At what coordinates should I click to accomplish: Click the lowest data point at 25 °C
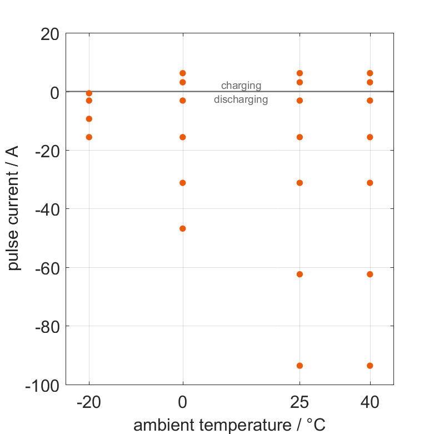click(x=300, y=366)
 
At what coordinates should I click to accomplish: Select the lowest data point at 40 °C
click(x=370, y=366)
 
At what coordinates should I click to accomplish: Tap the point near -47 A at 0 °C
click(x=183, y=228)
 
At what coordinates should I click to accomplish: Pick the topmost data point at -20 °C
click(x=89, y=93)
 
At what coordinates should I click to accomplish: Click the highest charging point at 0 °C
click(x=183, y=73)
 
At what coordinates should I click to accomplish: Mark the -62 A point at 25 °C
click(x=300, y=274)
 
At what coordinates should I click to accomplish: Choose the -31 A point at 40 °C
click(x=370, y=183)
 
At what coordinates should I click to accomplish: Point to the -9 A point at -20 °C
click(x=89, y=119)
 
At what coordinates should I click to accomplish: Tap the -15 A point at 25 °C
click(x=300, y=137)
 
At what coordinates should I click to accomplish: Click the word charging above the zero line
click(x=241, y=86)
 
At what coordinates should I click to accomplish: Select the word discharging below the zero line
click(x=241, y=100)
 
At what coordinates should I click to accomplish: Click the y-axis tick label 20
click(x=50, y=34)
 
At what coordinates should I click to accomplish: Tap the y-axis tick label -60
click(x=47, y=268)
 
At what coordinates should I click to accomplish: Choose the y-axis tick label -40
click(x=47, y=209)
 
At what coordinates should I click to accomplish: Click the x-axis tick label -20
click(x=89, y=402)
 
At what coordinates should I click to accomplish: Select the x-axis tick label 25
click(x=300, y=402)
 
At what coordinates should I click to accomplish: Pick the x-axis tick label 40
click(x=370, y=402)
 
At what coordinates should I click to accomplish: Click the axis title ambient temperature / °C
click(x=230, y=425)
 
